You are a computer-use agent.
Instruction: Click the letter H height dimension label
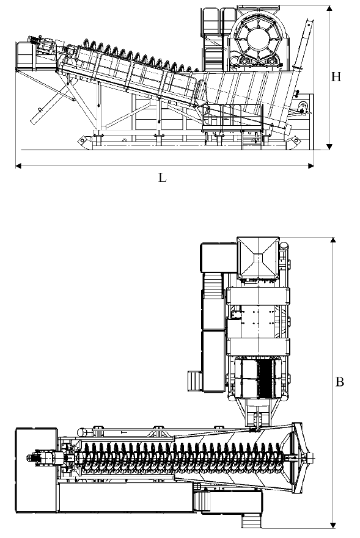click(x=336, y=76)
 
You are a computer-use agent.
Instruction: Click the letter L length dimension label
click(x=162, y=177)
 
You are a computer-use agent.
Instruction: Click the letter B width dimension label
click(x=339, y=382)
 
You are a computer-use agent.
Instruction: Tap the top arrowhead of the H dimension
click(x=329, y=9)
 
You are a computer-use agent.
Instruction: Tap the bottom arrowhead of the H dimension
click(x=329, y=147)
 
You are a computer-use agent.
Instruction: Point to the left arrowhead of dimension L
click(x=19, y=166)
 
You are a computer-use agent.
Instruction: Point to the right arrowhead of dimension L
click(x=310, y=166)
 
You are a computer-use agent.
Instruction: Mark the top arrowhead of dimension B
click(x=332, y=240)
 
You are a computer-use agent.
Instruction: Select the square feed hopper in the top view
click(x=258, y=257)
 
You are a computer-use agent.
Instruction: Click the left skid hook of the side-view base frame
click(x=83, y=140)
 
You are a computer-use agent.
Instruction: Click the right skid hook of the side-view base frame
click(x=295, y=140)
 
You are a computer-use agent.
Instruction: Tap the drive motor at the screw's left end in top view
click(x=45, y=458)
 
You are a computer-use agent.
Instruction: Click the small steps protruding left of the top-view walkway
click(x=195, y=381)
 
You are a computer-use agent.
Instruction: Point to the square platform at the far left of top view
click(x=36, y=470)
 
